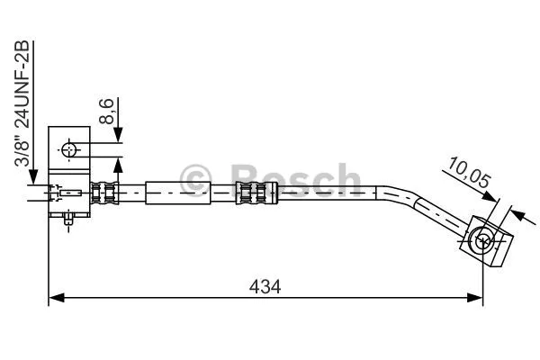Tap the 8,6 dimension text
[106, 112]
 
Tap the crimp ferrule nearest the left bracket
[105, 191]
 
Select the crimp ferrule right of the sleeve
[253, 191]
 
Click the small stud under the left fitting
[71, 219]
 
